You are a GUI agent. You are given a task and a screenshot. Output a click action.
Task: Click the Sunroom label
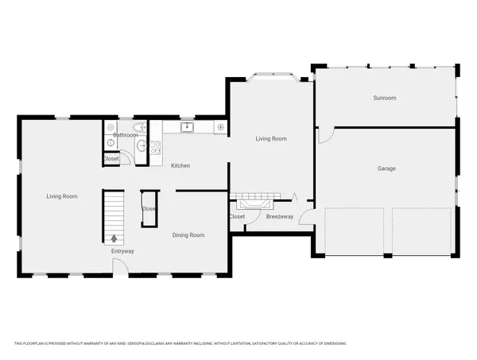(x=385, y=98)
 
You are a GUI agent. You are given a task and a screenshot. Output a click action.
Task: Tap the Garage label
(x=386, y=168)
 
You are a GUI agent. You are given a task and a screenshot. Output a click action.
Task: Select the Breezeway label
(x=279, y=216)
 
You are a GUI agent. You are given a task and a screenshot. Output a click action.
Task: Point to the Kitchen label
(x=180, y=165)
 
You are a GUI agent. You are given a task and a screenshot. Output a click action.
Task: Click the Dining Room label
(x=188, y=234)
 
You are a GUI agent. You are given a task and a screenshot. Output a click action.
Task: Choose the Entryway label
(x=122, y=251)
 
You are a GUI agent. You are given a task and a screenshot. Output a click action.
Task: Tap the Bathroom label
(x=125, y=135)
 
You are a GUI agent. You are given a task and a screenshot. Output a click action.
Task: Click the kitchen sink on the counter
(x=188, y=126)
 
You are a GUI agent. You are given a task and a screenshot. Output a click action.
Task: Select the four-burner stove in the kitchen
(x=155, y=146)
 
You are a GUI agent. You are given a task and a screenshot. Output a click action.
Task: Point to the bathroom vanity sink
(x=141, y=147)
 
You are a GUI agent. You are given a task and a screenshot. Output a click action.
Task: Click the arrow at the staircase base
(x=114, y=238)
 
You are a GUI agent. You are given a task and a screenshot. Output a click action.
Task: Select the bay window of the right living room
(x=272, y=76)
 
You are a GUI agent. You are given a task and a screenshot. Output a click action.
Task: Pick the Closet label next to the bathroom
(x=111, y=159)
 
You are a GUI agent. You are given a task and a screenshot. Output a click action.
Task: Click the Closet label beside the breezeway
(x=236, y=216)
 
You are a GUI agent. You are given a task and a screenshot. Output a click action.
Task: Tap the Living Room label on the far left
(x=61, y=195)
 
